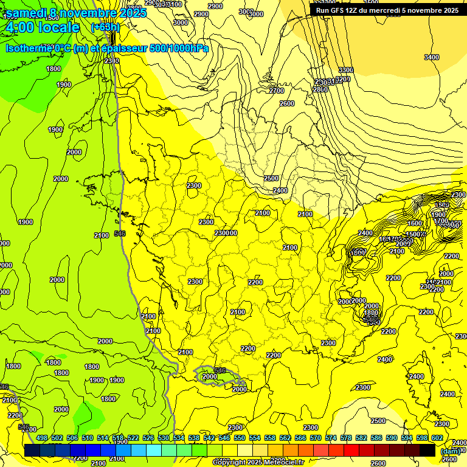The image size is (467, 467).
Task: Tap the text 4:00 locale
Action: (43, 27)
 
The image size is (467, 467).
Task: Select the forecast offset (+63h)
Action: (105, 27)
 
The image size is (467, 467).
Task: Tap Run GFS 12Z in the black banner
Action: (336, 10)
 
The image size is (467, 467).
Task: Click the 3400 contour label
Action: (431, 57)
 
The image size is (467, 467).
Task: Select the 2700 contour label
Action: (276, 91)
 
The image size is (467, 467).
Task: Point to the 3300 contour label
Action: (345, 71)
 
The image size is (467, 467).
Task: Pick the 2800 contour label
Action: (320, 89)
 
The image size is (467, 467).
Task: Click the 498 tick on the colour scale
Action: (42, 438)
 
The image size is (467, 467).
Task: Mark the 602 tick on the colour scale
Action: (437, 438)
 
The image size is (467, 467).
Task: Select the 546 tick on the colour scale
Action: (224, 438)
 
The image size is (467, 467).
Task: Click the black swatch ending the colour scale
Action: (428, 450)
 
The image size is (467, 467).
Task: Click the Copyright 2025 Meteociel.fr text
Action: (258, 463)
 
